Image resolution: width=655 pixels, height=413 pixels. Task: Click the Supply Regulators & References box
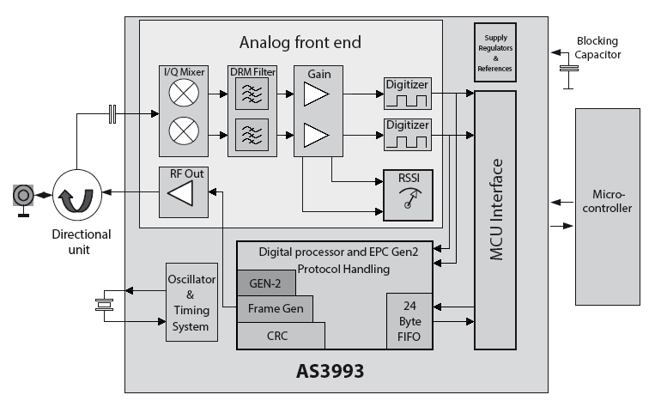[x=494, y=52]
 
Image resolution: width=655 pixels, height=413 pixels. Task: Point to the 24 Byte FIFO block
[x=409, y=321]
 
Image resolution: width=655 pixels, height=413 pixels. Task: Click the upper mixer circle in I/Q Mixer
[x=181, y=94]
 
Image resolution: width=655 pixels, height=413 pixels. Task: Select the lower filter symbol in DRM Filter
[x=252, y=134]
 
